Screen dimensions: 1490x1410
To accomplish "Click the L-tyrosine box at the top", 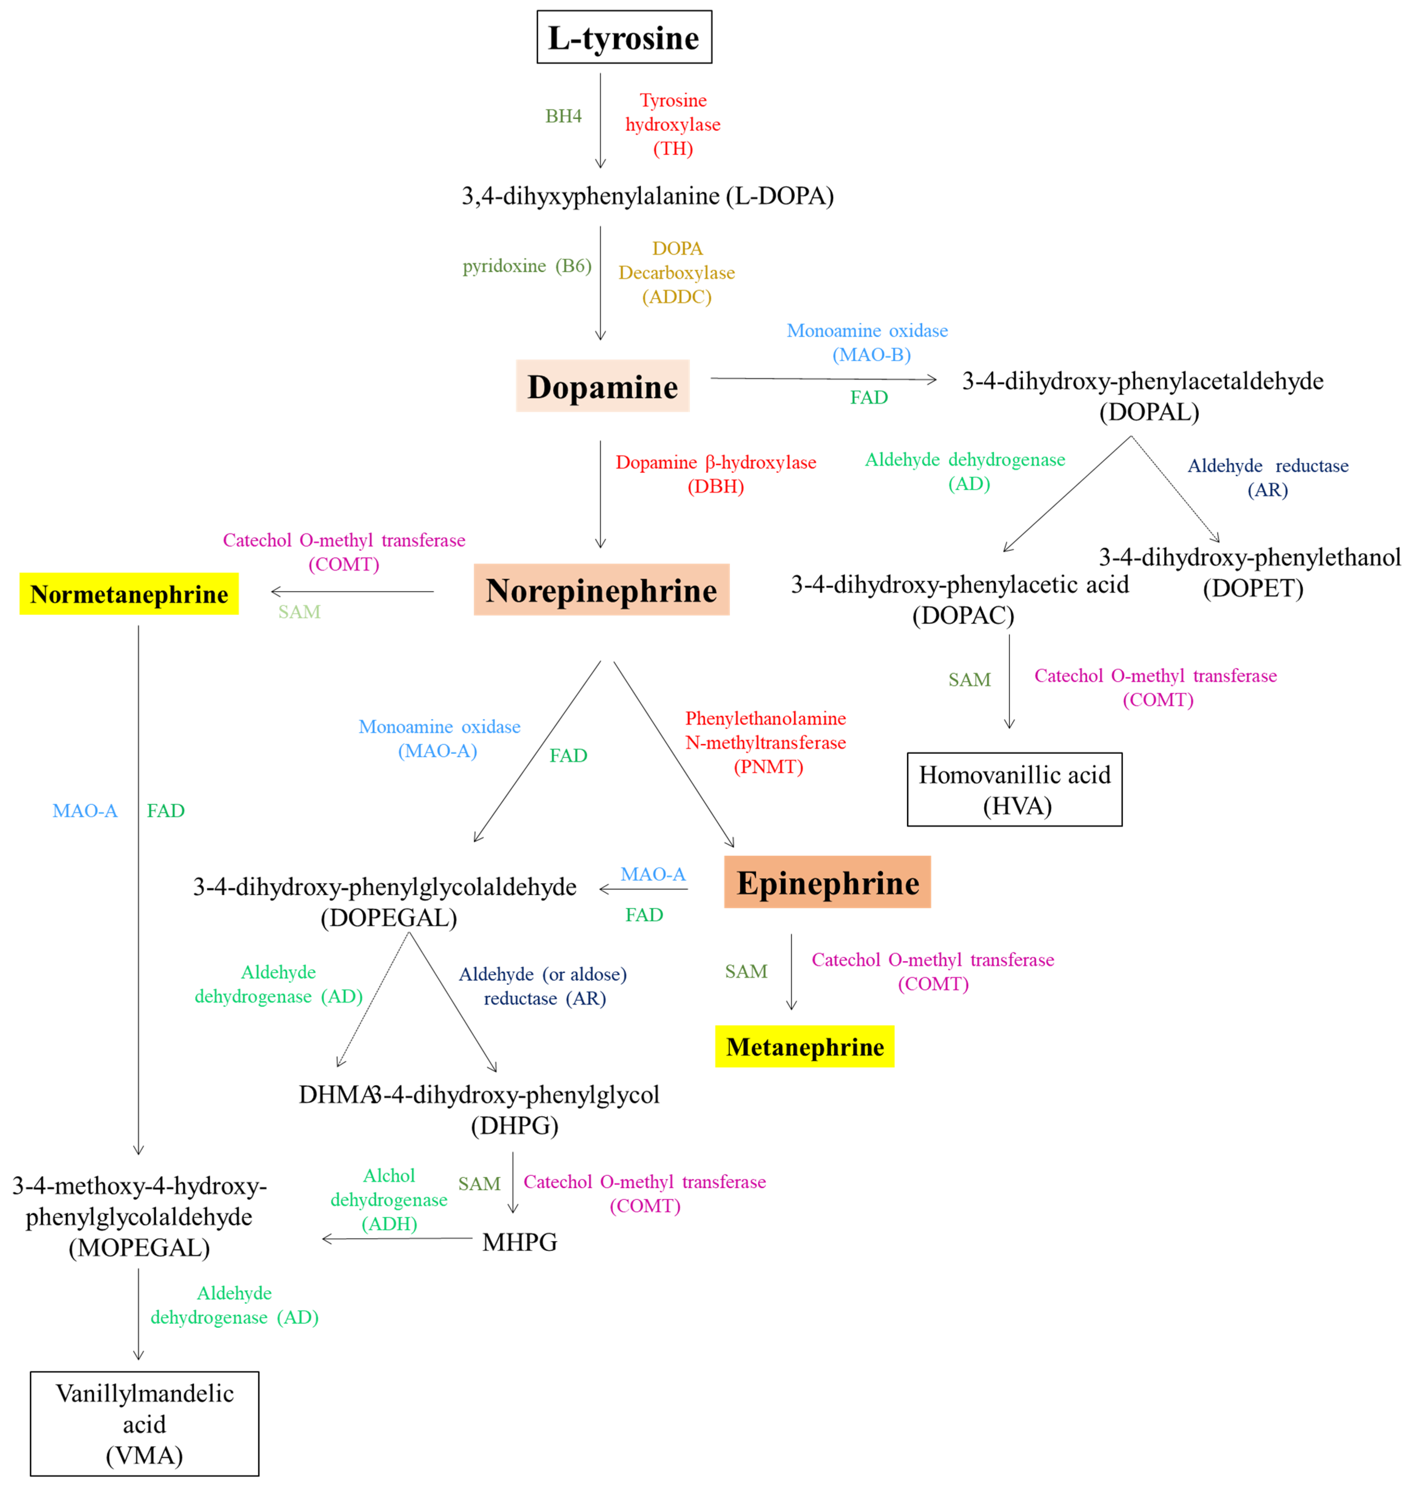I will click(624, 37).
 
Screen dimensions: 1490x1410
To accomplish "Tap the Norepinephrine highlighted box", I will click(601, 590).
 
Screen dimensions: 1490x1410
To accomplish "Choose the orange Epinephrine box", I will click(827, 883).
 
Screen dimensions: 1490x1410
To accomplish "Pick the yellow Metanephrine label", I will click(804, 1047).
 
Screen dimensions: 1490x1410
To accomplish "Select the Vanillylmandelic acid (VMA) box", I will click(144, 1424).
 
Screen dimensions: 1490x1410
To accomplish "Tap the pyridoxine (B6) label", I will click(527, 266).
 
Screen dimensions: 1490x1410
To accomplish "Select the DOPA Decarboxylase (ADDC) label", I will click(677, 272).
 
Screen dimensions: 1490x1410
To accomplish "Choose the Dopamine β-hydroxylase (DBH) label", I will click(715, 474).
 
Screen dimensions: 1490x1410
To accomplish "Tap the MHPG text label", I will click(519, 1242).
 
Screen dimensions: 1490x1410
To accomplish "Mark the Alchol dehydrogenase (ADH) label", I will click(388, 1200).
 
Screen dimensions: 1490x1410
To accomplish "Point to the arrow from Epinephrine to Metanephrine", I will click(791, 971).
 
